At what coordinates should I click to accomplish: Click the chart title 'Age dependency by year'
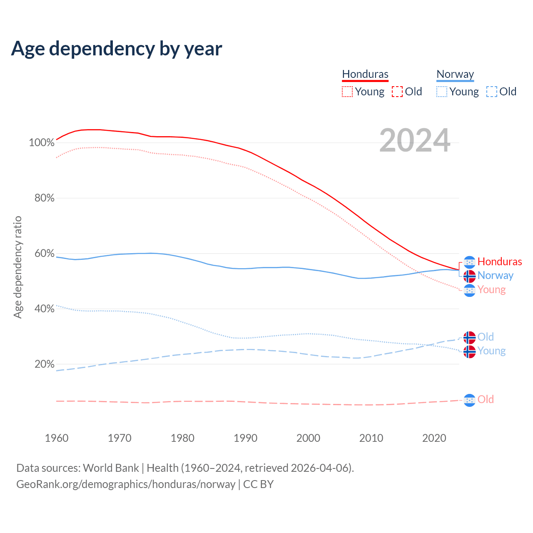click(x=117, y=49)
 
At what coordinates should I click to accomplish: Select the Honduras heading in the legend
click(x=365, y=74)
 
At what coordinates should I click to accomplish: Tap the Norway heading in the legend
click(x=455, y=74)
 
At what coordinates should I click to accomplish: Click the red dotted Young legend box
click(x=347, y=92)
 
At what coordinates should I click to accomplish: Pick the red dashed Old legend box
click(x=397, y=92)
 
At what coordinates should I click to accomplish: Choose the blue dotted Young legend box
click(x=442, y=92)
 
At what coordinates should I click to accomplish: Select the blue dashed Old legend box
click(x=492, y=92)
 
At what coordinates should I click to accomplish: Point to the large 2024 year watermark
click(x=415, y=140)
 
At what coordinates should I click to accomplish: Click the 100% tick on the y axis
click(x=42, y=143)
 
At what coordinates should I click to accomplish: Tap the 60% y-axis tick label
click(x=44, y=254)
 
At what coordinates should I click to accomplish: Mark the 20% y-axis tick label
click(x=44, y=364)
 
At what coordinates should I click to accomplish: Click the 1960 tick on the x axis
click(x=57, y=438)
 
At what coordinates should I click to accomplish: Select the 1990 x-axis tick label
click(x=245, y=438)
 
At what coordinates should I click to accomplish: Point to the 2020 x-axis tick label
click(x=434, y=438)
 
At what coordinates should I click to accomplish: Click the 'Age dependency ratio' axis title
click(x=17, y=267)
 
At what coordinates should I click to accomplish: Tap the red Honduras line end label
click(x=500, y=262)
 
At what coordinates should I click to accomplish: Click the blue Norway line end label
click(x=496, y=276)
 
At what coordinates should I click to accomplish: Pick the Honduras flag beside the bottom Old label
click(x=470, y=400)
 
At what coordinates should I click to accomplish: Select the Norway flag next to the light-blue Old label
click(x=470, y=337)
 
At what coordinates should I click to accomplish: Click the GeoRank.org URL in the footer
click(x=126, y=484)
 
